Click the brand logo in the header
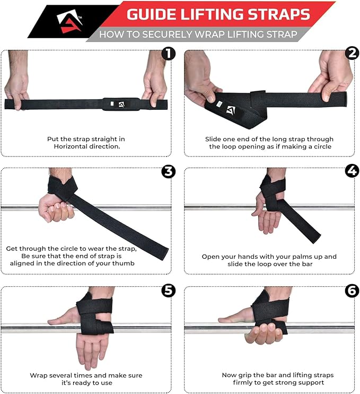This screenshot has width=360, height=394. coord(69,21)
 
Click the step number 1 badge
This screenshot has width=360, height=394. coord(168,54)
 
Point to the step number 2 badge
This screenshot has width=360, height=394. coord(352,53)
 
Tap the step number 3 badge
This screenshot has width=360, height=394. coord(168,172)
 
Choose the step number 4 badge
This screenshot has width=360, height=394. coord(352,171)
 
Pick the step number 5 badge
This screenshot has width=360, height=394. coord(168,291)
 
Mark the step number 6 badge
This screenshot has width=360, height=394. coord(352,291)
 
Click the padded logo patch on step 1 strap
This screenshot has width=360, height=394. coord(121,104)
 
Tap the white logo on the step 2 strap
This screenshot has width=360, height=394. coord(231,110)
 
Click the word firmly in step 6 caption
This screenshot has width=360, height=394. coord(243,382)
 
